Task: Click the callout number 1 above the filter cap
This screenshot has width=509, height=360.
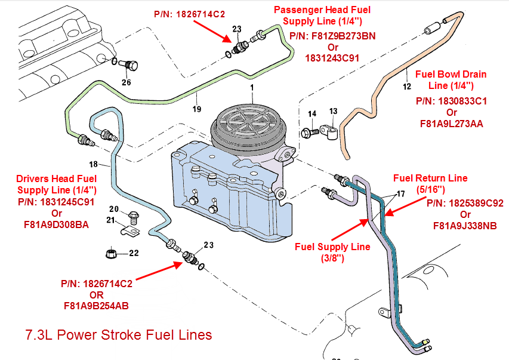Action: coord(252,88)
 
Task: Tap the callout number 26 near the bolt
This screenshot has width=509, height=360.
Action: coord(126,82)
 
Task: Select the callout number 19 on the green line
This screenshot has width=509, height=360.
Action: coord(197,109)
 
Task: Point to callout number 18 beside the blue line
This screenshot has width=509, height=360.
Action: coord(93,164)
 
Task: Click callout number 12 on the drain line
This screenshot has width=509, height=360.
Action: coord(407,87)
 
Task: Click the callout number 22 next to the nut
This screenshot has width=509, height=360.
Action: coord(134,253)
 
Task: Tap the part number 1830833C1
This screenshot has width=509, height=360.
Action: coord(451,101)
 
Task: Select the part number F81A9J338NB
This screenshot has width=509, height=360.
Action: coord(465,226)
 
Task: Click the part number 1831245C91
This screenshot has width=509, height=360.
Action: coord(57,202)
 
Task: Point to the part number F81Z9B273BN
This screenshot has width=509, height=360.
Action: coord(332,36)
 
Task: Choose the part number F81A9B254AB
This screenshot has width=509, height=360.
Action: coord(96,306)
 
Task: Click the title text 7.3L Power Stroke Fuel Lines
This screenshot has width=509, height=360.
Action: coord(118,335)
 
